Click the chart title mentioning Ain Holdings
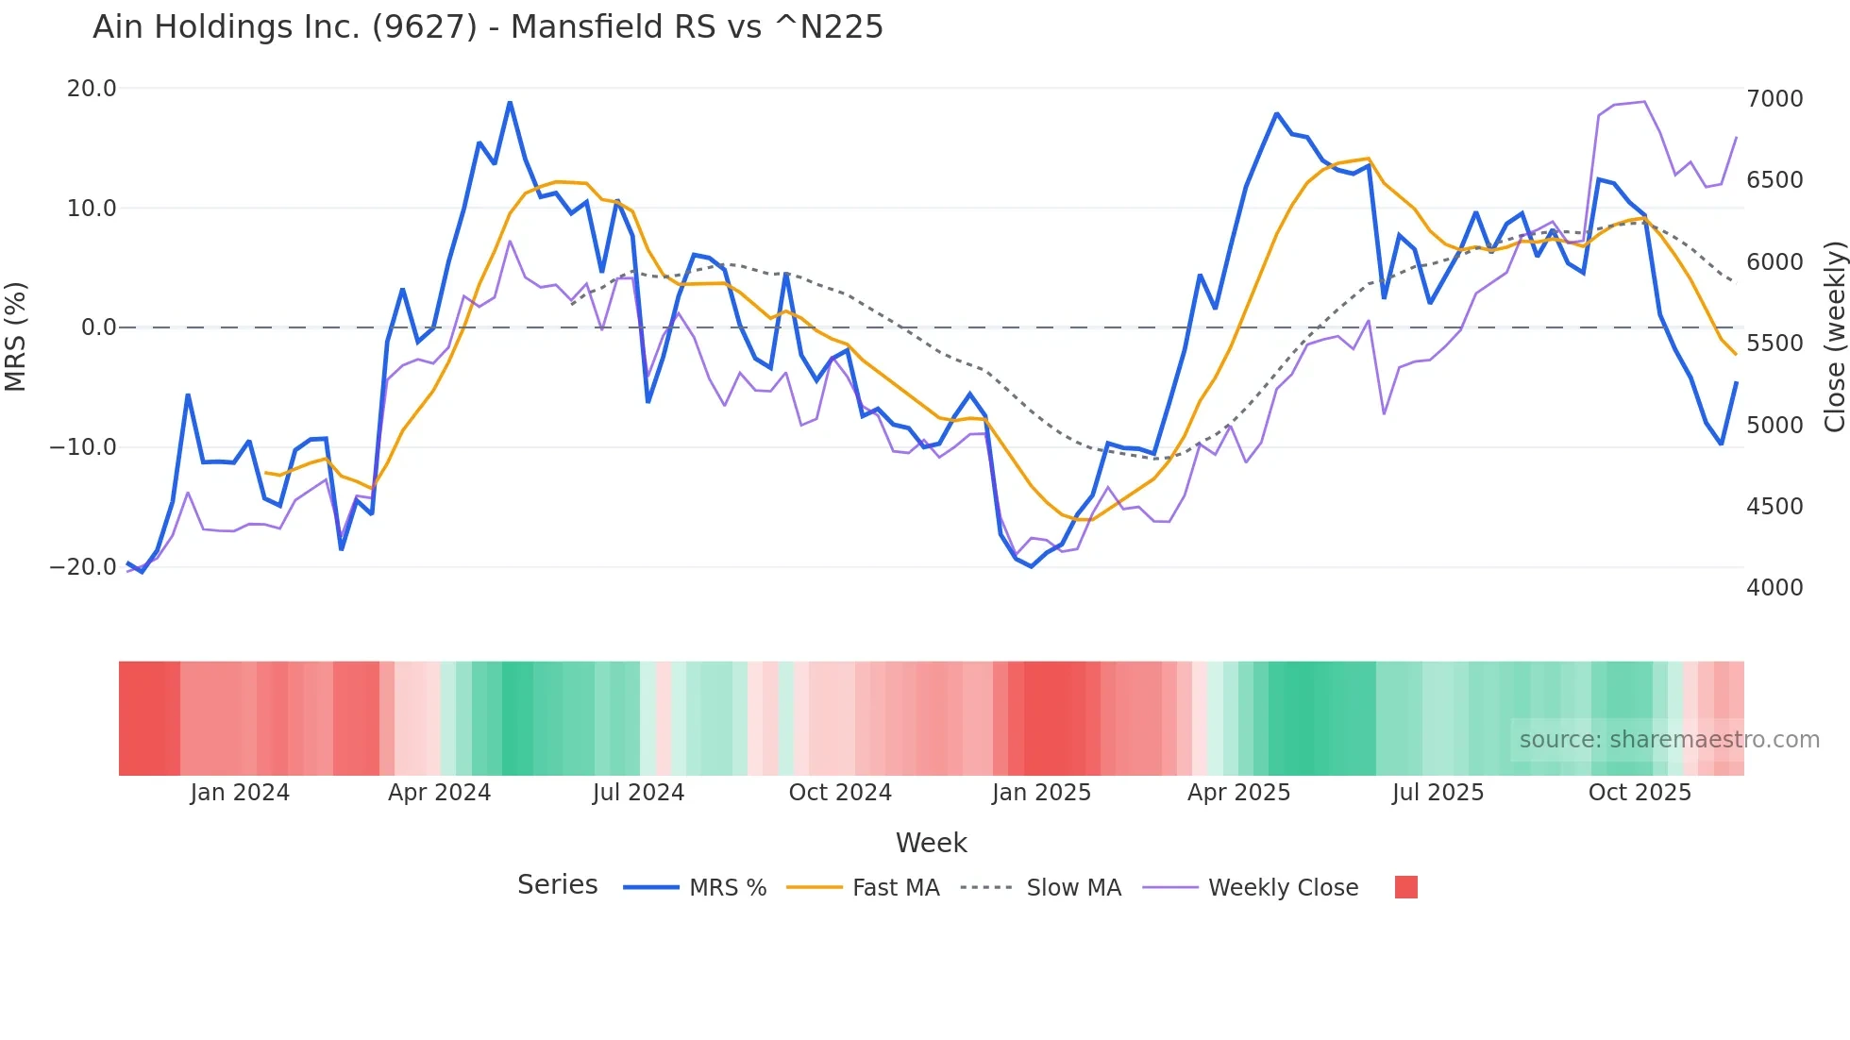[x=487, y=27]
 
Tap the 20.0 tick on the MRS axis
[x=92, y=89]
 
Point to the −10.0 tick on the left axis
[x=83, y=447]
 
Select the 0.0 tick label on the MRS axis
[x=99, y=327]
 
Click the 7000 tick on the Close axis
[x=1774, y=99]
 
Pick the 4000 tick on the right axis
[x=1774, y=588]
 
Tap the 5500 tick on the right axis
[x=1774, y=344]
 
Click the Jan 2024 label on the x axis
[x=240, y=793]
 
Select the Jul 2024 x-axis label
[x=638, y=793]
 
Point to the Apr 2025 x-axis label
[x=1238, y=793]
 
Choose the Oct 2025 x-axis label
[x=1640, y=793]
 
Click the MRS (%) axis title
[x=16, y=336]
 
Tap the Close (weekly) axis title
[x=1834, y=336]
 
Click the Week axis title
[x=931, y=843]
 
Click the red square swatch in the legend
[x=1405, y=887]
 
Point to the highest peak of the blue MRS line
[x=510, y=102]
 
